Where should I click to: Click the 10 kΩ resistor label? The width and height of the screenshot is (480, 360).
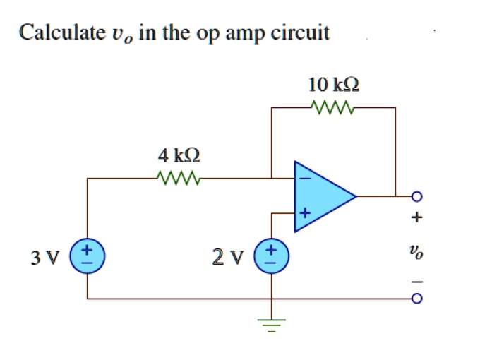click(x=334, y=86)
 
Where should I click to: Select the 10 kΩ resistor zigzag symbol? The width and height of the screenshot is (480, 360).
click(x=333, y=108)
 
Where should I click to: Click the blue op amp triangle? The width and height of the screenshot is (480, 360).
click(x=322, y=195)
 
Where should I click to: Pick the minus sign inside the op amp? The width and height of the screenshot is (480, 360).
click(x=305, y=179)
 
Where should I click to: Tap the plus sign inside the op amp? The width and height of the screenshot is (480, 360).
click(x=305, y=212)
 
